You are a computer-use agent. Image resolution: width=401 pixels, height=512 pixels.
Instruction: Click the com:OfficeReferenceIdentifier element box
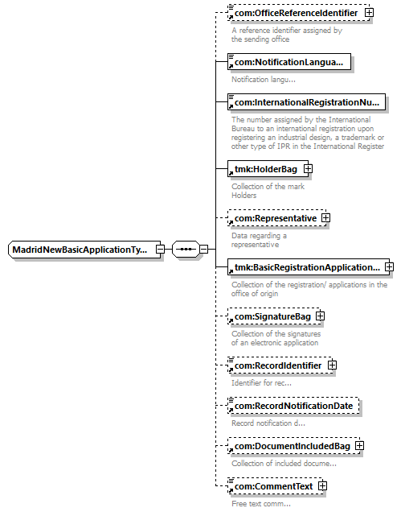coord(298,13)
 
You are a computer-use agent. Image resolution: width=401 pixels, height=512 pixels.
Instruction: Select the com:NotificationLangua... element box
coord(289,62)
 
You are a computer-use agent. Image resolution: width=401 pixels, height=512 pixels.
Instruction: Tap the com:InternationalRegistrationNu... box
coord(306,102)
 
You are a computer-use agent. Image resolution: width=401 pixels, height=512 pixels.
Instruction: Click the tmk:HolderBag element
coord(268,169)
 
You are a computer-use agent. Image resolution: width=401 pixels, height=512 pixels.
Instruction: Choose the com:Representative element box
coord(276,218)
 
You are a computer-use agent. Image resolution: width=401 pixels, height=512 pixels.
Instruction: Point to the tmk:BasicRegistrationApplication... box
coord(309,267)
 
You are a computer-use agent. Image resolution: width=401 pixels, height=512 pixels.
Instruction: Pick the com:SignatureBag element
coord(274,316)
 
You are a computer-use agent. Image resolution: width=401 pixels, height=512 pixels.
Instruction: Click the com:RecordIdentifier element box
coord(280,365)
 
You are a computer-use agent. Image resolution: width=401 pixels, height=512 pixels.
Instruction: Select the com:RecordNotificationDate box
coord(293,406)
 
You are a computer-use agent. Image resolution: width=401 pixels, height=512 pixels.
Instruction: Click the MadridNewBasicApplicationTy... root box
coord(84,250)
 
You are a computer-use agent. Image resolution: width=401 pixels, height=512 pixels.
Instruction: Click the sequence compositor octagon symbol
coord(186,250)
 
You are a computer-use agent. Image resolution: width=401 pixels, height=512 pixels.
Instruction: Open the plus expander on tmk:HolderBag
coord(308,169)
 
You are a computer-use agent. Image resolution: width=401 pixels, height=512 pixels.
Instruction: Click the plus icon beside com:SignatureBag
coord(321,316)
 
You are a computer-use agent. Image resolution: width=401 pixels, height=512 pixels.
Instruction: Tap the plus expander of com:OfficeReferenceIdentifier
coord(370,13)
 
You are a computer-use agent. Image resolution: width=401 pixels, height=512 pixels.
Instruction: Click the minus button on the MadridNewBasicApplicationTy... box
coord(160,250)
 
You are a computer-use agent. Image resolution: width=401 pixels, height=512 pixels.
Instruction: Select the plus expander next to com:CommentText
coord(322,486)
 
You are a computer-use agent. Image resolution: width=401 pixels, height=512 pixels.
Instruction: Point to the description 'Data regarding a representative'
coord(259,240)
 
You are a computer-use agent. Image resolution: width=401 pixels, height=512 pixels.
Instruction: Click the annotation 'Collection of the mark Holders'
coord(268,191)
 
